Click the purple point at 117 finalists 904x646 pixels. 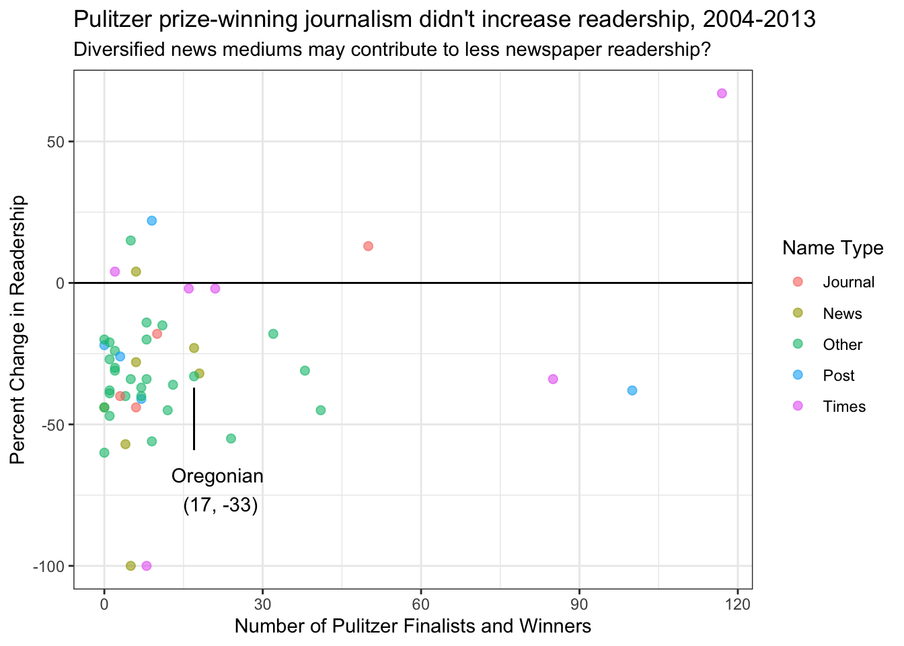pyautogui.click(x=722, y=94)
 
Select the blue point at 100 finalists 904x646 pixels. pyautogui.click(x=632, y=390)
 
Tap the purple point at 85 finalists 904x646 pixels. pyautogui.click(x=553, y=379)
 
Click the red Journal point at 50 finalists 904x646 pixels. pyautogui.click(x=368, y=246)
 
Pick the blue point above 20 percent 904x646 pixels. pyautogui.click(x=152, y=221)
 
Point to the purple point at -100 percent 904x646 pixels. pyautogui.click(x=147, y=566)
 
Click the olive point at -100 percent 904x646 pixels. pyautogui.click(x=130, y=566)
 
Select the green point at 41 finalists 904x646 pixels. pyautogui.click(x=321, y=410)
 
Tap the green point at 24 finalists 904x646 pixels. pyautogui.click(x=231, y=439)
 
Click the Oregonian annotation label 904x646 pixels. pyautogui.click(x=217, y=476)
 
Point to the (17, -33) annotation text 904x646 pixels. pyautogui.click(x=221, y=505)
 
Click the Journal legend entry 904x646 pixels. pyautogui.click(x=848, y=283)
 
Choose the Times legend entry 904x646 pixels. pyautogui.click(x=844, y=406)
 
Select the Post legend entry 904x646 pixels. pyautogui.click(x=838, y=375)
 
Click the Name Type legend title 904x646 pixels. pyautogui.click(x=833, y=248)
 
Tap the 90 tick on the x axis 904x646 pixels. pyautogui.click(x=579, y=604)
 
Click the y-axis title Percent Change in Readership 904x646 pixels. pyautogui.click(x=18, y=330)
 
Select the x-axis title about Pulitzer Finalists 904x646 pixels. pyautogui.click(x=412, y=626)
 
